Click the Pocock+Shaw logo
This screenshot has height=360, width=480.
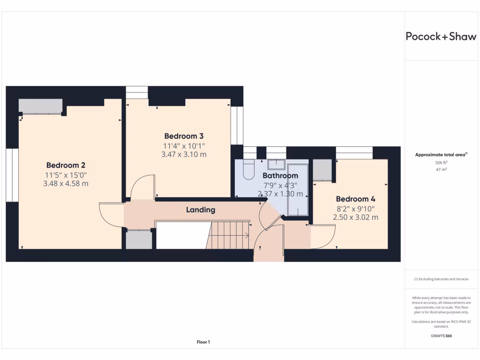pos(441,37)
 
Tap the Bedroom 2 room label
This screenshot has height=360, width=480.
pos(66,165)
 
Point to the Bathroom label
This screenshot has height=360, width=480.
pos(280,176)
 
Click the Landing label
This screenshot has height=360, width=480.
pos(201,210)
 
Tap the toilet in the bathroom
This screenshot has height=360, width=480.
pos(248,169)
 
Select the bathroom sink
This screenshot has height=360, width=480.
pos(276,164)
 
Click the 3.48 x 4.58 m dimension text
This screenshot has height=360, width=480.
pos(66,183)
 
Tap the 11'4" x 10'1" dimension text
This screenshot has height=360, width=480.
pos(183,146)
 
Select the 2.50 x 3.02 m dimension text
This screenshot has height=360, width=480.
pos(355,217)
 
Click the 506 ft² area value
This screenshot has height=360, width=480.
pos(440,163)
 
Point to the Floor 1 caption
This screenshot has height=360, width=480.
pos(203,342)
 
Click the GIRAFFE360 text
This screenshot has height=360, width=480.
pos(440,336)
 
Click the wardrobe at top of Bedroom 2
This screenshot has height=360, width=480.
pos(41,106)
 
